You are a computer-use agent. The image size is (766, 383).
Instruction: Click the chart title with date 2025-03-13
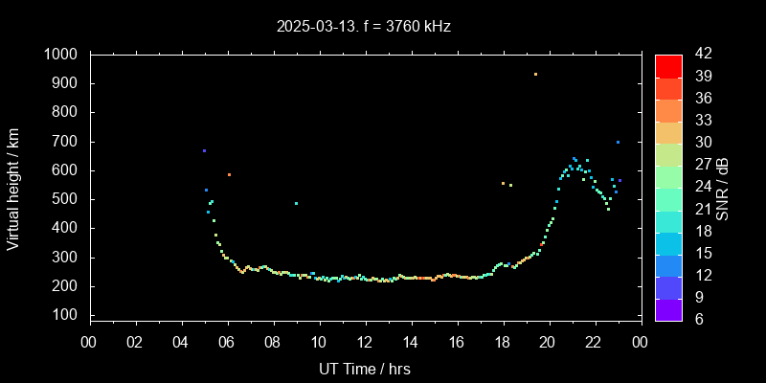point(363,27)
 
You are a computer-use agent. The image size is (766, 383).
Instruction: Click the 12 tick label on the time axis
point(364,342)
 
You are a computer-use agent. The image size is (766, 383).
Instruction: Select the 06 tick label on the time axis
point(227,342)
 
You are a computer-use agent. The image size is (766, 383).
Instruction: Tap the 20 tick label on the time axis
point(548,342)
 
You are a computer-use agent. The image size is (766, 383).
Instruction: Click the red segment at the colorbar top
point(668,65)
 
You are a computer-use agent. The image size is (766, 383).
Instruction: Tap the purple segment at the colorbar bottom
point(668,308)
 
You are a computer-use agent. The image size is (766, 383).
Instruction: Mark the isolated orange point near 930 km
point(535,74)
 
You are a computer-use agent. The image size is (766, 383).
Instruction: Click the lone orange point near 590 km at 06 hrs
point(229,174)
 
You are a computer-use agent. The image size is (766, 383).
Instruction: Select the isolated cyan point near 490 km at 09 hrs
point(296,203)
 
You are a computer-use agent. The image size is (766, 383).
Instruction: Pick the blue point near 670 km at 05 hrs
point(204,150)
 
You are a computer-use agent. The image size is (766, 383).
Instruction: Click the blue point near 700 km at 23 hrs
point(618,142)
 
